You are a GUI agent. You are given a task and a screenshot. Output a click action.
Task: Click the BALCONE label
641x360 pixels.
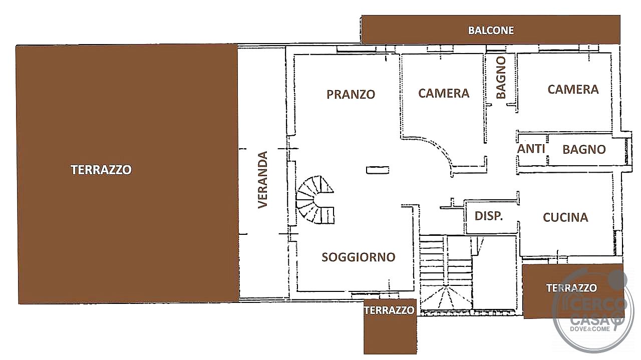pyautogui.click(x=491, y=31)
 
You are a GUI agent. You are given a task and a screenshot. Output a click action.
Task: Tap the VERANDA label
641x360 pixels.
pyautogui.click(x=263, y=180)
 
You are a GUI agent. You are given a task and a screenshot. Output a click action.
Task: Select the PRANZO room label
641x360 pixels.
pyautogui.click(x=351, y=95)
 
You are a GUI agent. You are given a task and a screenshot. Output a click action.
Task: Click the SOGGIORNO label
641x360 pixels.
pyautogui.click(x=358, y=257)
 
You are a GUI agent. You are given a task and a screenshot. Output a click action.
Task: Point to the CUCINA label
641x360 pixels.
pyautogui.click(x=565, y=217)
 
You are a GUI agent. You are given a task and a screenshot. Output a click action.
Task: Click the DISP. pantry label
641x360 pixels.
pyautogui.click(x=488, y=216)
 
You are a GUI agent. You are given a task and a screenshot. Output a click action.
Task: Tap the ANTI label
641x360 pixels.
pyautogui.click(x=531, y=149)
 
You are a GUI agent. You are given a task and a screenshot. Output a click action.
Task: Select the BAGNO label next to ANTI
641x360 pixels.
pyautogui.click(x=584, y=149)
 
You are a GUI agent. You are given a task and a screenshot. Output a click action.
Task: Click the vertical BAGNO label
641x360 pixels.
pyautogui.click(x=501, y=77)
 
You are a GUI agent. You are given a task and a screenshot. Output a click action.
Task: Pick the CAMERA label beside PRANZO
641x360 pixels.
pyautogui.click(x=444, y=93)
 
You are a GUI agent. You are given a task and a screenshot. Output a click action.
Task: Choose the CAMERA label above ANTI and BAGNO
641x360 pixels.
pyautogui.click(x=573, y=89)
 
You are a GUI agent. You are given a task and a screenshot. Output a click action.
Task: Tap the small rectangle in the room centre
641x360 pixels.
pyautogui.click(x=378, y=170)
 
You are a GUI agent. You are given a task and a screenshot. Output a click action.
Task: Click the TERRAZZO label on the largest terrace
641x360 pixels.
pyautogui.click(x=101, y=170)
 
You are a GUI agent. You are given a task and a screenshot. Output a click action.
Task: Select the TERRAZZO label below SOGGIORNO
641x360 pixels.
pyautogui.click(x=389, y=310)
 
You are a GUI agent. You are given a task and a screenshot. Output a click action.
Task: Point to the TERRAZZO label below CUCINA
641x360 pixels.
pyautogui.click(x=571, y=288)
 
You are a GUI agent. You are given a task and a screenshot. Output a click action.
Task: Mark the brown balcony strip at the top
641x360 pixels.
pyautogui.click(x=491, y=30)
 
